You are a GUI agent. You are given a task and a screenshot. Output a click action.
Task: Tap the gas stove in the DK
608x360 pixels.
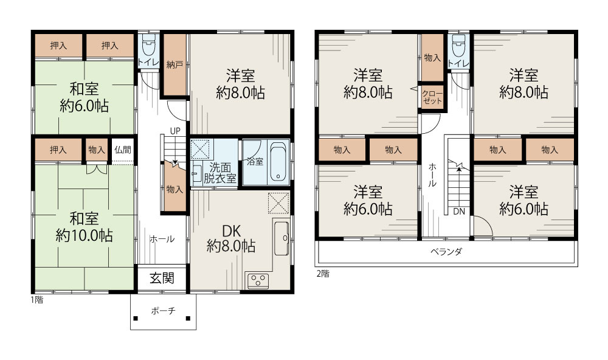tap(257, 280)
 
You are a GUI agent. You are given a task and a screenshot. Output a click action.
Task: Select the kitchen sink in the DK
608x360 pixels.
tap(282, 238)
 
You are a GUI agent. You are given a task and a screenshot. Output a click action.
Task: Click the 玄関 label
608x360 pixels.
tap(162, 278)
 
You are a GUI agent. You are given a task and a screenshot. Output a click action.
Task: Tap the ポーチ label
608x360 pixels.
tap(163, 311)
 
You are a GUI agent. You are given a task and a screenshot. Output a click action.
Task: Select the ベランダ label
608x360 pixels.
tap(446, 252)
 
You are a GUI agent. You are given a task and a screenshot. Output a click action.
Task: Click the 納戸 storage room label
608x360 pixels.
tap(174, 64)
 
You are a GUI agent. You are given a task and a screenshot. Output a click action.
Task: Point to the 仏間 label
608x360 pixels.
tap(123, 150)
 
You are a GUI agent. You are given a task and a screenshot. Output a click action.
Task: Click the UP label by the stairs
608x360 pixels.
tap(175, 131)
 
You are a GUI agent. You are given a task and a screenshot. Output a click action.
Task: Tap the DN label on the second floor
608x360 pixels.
tap(459, 212)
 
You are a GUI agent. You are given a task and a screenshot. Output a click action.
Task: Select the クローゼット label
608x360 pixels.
tap(432, 97)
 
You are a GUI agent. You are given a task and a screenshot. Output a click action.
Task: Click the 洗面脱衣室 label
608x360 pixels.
tap(220, 173)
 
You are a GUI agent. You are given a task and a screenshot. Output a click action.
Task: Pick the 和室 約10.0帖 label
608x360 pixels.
tap(84, 227)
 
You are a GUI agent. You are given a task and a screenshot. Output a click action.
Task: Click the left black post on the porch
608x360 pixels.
tap(136, 319)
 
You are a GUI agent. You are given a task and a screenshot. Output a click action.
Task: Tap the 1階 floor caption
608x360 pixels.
tap(37, 300)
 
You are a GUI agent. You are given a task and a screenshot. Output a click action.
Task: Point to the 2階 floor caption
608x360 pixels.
tap(323, 274)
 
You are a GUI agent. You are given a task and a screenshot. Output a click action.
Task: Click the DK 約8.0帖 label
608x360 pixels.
tap(231, 238)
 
